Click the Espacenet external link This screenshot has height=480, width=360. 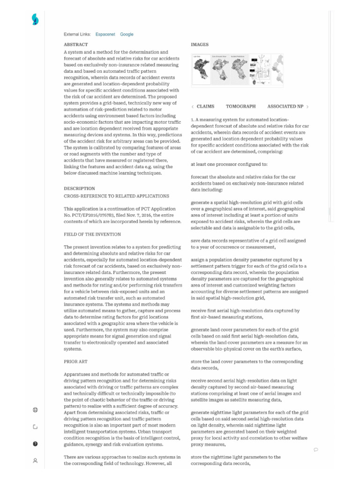click(x=105, y=34)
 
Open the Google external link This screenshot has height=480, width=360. click(x=127, y=34)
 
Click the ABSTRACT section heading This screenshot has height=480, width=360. click(x=75, y=45)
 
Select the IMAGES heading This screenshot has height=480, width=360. click(x=200, y=45)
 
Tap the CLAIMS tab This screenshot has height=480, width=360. click(x=205, y=106)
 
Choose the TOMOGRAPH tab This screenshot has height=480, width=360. click(x=240, y=106)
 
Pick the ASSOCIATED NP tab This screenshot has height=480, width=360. click(x=285, y=106)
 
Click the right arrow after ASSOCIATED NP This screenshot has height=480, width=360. click(x=307, y=107)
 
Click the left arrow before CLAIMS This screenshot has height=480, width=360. click(x=193, y=107)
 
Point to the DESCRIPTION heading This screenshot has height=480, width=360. click(x=79, y=188)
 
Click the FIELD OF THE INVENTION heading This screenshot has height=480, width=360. click(x=92, y=234)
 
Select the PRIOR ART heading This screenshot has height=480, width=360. click(x=75, y=361)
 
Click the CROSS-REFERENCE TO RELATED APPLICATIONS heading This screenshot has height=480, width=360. click(x=116, y=195)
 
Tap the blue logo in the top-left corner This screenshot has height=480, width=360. click(x=35, y=19)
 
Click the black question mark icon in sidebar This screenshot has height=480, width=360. click(x=35, y=443)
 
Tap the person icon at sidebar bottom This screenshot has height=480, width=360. click(x=35, y=460)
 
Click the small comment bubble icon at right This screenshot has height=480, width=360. click(x=316, y=450)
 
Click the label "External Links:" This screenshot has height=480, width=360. click(x=77, y=34)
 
